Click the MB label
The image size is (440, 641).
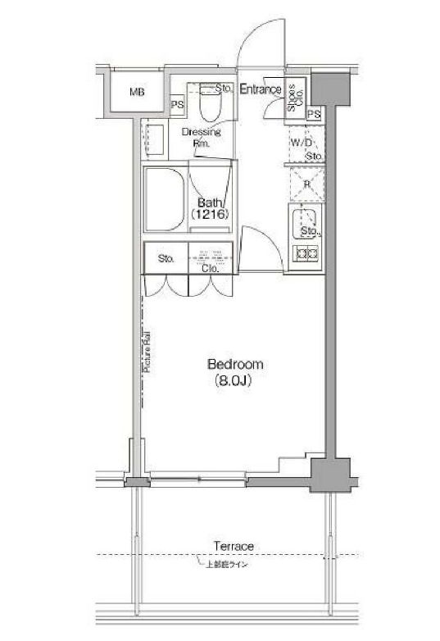(137, 92)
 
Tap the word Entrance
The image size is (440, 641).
(261, 89)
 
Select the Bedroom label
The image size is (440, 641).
(234, 364)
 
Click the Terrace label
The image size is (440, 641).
(234, 546)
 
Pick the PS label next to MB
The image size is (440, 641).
(176, 104)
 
